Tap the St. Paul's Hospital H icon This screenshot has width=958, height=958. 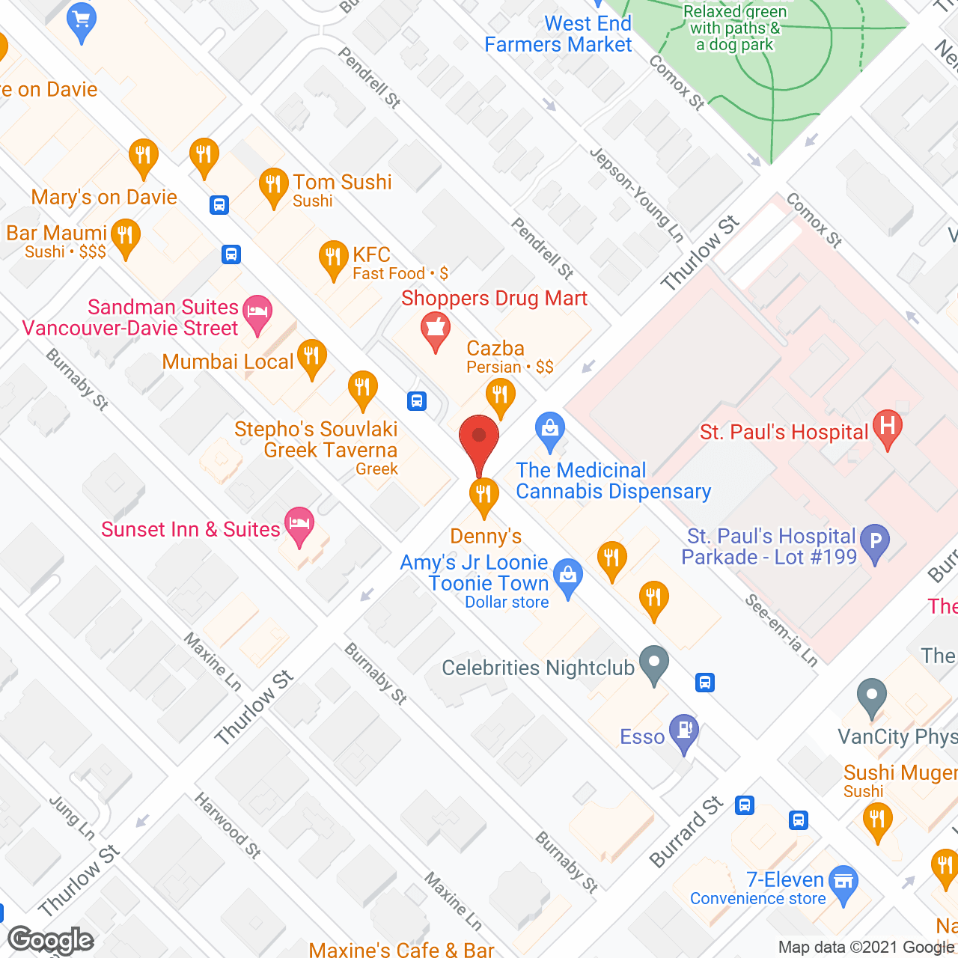(887, 428)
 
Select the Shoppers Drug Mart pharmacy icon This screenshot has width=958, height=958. (435, 330)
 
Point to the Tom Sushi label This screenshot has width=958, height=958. (342, 182)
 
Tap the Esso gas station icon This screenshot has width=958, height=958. (684, 731)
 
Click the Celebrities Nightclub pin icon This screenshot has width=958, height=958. (655, 663)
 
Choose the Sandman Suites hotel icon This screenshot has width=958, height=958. (257, 314)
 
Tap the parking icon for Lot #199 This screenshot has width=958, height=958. (874, 542)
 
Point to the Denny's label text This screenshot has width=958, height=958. (486, 536)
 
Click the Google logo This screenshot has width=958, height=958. (51, 939)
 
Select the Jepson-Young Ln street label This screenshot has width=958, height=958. (637, 195)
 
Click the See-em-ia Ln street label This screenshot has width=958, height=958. (781, 630)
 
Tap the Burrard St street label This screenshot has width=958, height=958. (687, 832)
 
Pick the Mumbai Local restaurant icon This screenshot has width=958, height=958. (311, 357)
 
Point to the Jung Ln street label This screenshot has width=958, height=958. (72, 817)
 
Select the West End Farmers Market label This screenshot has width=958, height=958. (558, 34)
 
